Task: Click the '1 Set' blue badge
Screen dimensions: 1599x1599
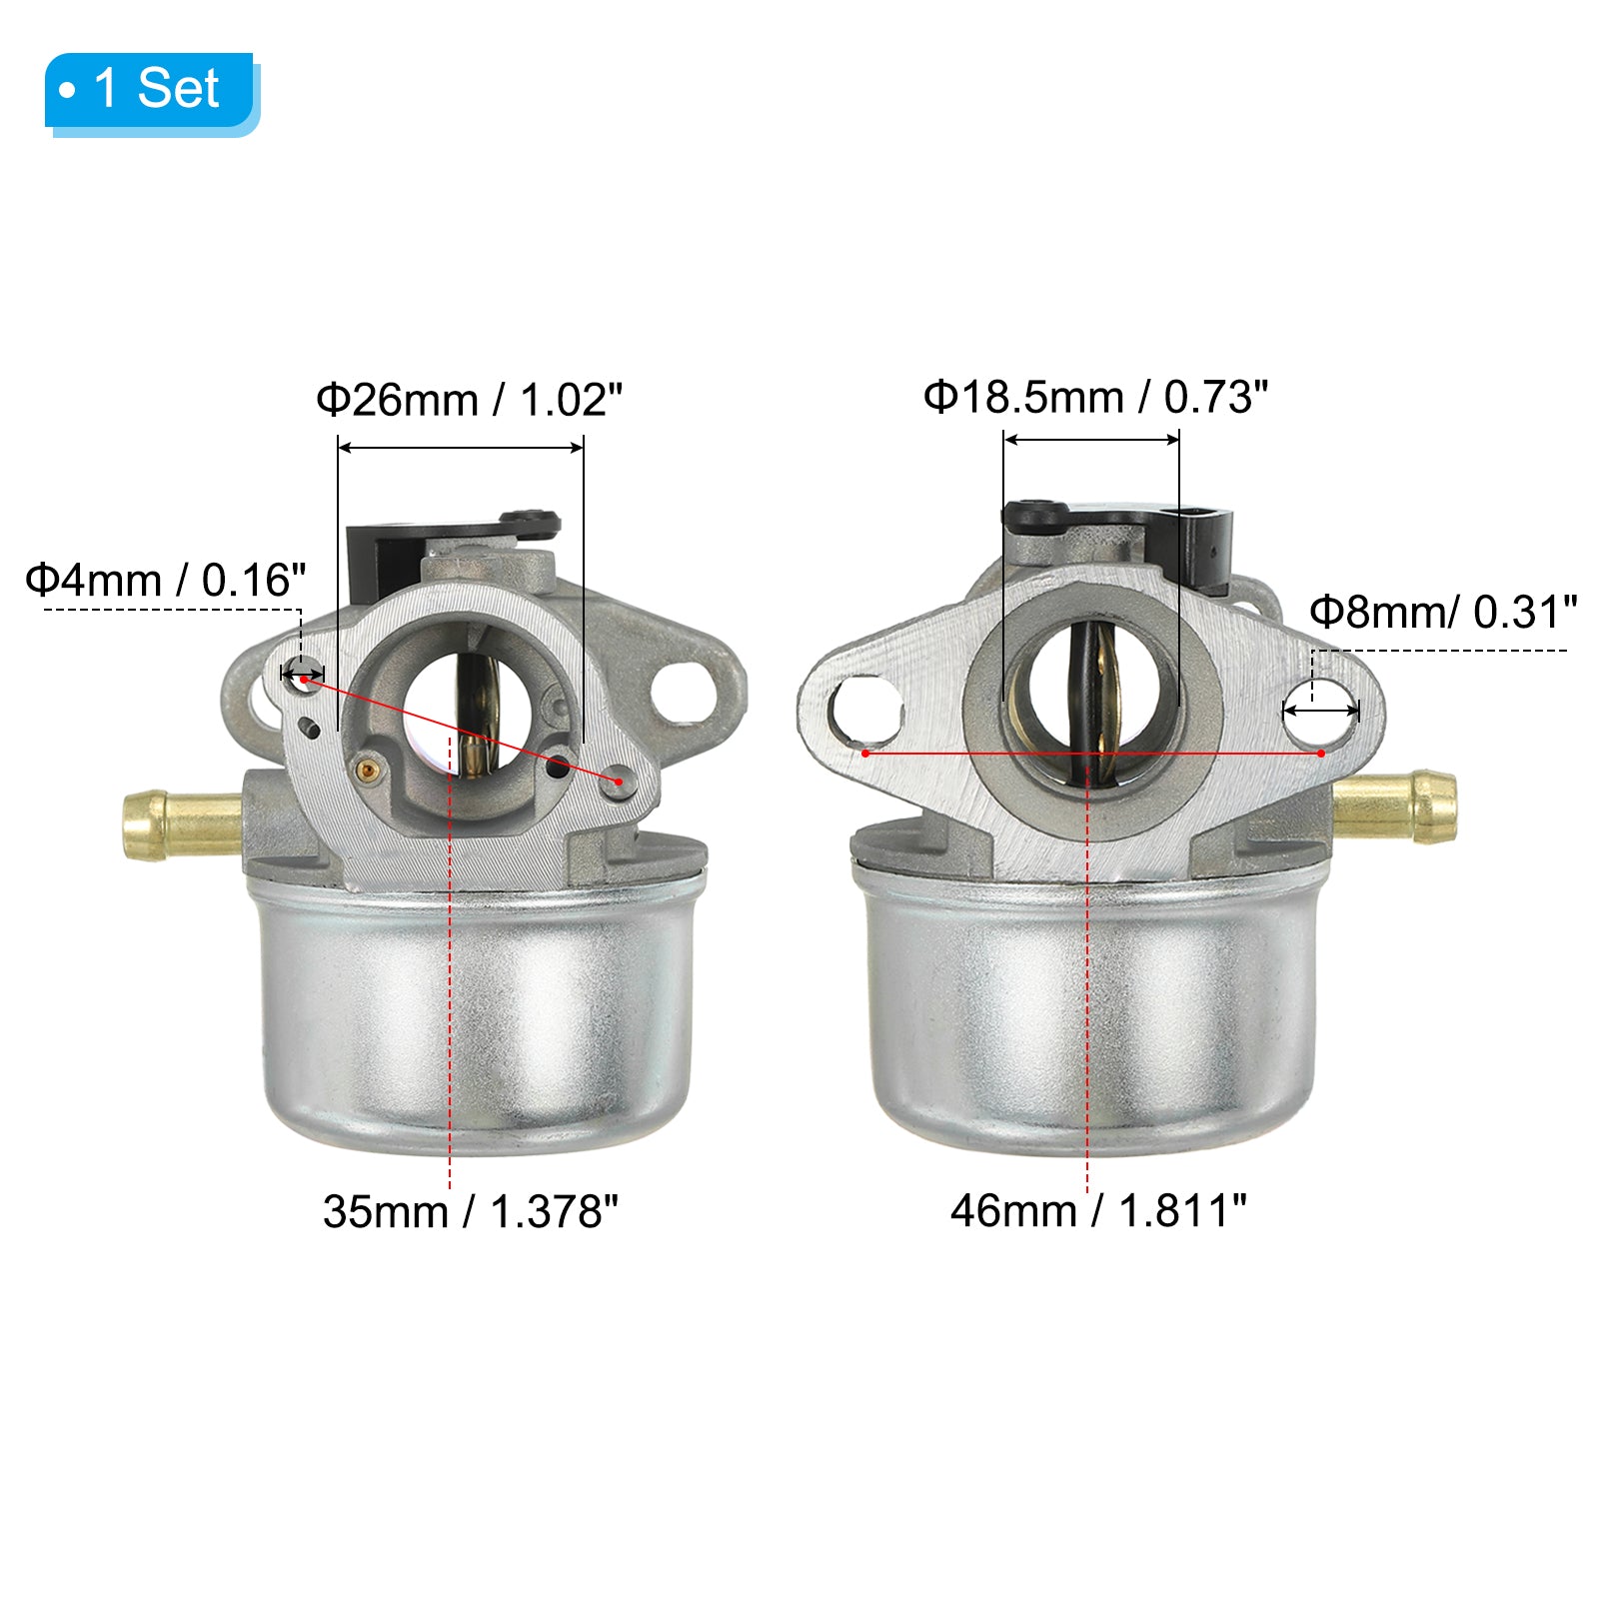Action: click(x=152, y=92)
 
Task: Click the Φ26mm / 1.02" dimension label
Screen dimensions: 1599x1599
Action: click(x=469, y=400)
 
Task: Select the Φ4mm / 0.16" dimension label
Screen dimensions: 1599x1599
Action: click(x=166, y=580)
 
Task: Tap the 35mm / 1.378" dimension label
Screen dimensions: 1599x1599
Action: click(x=470, y=1211)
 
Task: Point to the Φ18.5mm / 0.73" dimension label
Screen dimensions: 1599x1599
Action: click(x=1095, y=397)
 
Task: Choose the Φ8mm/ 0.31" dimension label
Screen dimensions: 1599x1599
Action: click(x=1443, y=612)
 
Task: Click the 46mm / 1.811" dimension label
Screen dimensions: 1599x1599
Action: click(x=1098, y=1210)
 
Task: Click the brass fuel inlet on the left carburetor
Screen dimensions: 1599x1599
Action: click(x=181, y=824)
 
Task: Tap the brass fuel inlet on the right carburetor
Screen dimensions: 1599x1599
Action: click(x=1395, y=805)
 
